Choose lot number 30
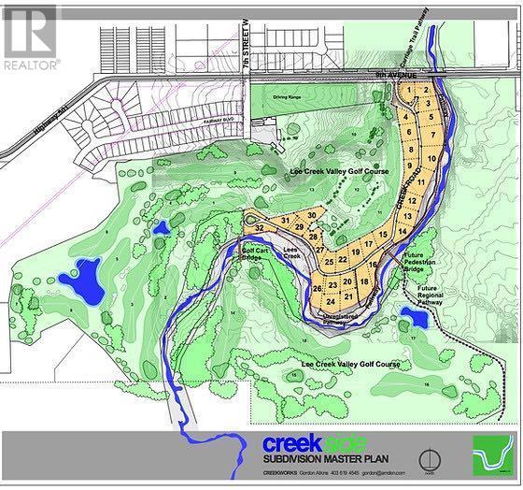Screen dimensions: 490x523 pyautogui.click(x=311, y=216)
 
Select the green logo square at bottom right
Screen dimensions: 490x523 pyautogui.click(x=494, y=457)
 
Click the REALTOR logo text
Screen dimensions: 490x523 pyautogui.click(x=31, y=65)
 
